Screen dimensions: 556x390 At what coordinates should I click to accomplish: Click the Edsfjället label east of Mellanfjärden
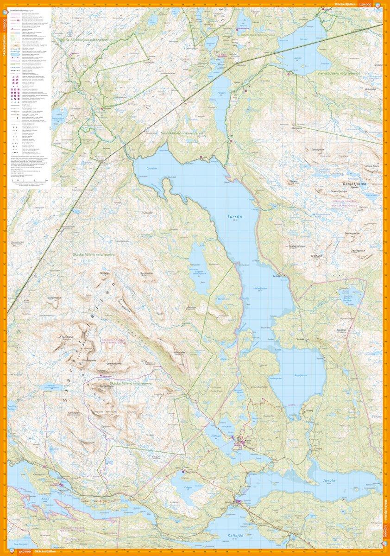tap(342, 329)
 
